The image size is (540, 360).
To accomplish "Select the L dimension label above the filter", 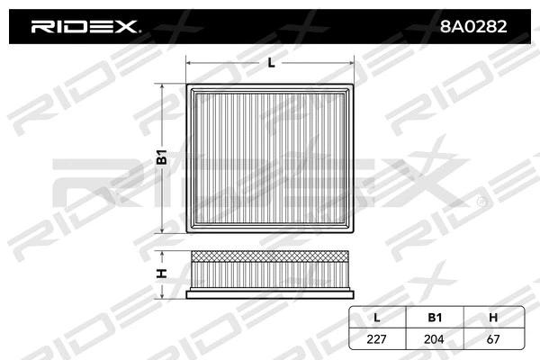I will point(270,62).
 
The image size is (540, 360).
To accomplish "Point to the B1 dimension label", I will point(163,158).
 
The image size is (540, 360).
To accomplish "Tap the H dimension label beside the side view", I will point(163,274).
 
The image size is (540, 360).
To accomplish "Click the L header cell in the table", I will point(377,317).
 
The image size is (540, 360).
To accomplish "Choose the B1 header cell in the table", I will point(435,317).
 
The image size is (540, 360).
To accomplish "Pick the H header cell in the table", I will point(492,317).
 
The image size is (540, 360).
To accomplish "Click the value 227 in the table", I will point(377,338).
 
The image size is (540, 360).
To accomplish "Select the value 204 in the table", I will point(435,338).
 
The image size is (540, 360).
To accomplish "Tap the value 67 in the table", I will point(492,338).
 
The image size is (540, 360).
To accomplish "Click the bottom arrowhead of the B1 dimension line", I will point(163,229).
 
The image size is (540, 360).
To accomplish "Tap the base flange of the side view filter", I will point(270,293).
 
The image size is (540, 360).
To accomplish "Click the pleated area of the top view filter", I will point(270,158).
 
